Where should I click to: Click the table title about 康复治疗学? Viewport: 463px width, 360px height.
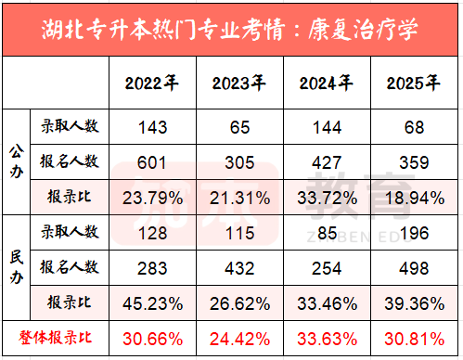[231, 29]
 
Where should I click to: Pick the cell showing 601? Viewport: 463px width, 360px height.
[152, 161]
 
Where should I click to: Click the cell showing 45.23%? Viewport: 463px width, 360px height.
[152, 303]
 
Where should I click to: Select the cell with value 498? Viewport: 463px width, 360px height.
[413, 268]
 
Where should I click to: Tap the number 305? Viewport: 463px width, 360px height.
[239, 161]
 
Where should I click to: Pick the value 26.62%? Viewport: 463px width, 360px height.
[239, 303]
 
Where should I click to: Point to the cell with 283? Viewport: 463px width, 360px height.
[152, 268]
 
